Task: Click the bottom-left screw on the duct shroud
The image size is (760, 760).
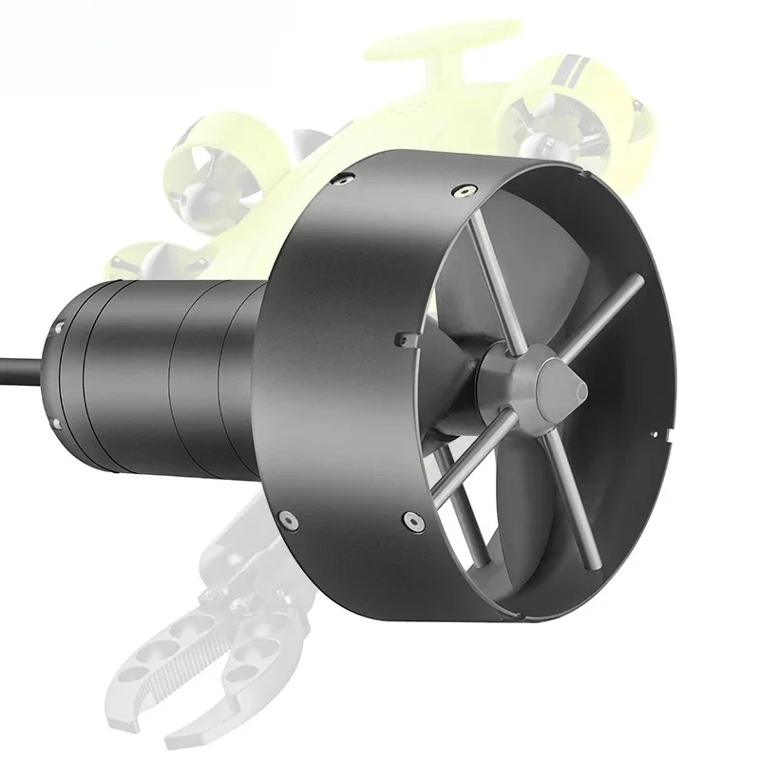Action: (283, 519)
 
